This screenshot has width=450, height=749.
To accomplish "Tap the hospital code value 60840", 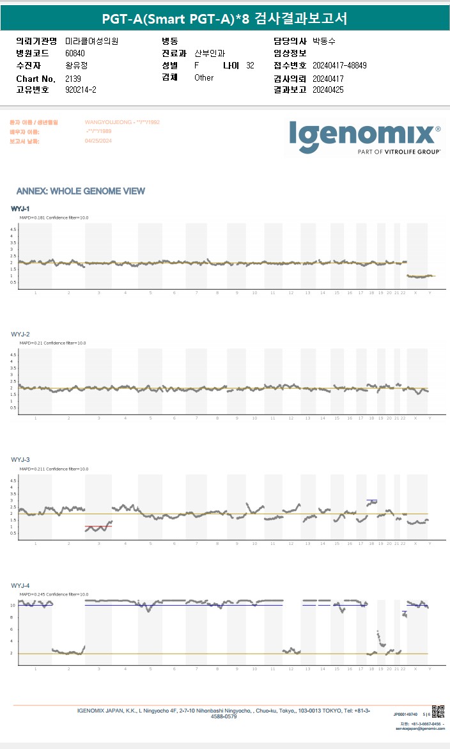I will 75,53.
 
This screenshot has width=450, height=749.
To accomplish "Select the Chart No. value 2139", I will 73,78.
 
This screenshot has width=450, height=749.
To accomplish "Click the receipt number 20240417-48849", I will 339,65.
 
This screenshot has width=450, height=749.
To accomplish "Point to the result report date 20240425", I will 328,90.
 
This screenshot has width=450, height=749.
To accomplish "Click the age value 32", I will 250,65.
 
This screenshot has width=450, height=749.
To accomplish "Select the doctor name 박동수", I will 324,41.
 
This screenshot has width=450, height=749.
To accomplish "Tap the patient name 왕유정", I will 77,65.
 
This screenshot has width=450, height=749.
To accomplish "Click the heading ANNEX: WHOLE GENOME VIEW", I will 81,191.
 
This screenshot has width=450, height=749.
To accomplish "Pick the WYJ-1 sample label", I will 20,209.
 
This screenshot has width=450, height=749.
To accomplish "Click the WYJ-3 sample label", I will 20,460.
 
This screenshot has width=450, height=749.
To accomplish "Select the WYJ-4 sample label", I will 20,585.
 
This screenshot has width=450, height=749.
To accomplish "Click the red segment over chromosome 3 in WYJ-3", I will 98,526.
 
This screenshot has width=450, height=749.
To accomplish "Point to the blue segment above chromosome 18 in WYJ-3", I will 371,500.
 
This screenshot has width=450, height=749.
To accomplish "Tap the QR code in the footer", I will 438,711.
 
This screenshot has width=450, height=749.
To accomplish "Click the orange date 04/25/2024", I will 98,141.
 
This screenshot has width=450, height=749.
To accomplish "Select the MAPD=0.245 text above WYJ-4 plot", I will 35,594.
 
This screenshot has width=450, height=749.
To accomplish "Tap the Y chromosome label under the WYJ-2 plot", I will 430,418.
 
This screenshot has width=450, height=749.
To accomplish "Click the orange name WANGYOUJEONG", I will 106,122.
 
